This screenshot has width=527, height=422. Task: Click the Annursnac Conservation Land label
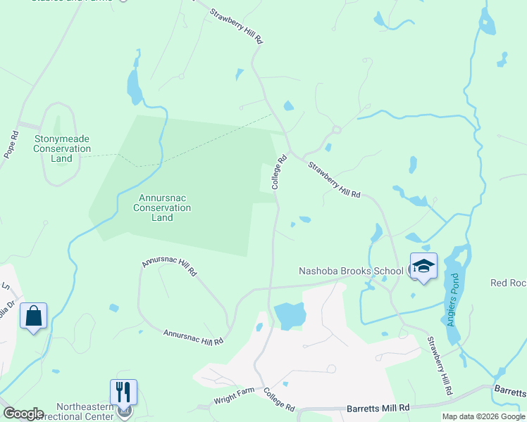(x=162, y=207)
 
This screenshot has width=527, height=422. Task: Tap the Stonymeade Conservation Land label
(x=62, y=148)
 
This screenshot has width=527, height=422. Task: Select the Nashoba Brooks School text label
(x=351, y=271)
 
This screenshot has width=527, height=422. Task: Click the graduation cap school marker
(x=423, y=267)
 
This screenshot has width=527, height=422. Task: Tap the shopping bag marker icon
(x=33, y=316)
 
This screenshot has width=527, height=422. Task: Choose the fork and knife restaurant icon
(x=123, y=392)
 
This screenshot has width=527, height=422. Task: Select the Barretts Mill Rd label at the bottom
(x=378, y=408)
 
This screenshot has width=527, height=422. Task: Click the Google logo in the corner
(x=23, y=414)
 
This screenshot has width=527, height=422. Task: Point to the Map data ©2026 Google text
(x=483, y=416)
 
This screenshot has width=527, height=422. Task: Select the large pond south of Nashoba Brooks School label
(x=289, y=315)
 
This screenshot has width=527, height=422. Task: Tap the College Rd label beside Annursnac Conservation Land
(x=279, y=172)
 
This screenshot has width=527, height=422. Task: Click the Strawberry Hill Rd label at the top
(x=237, y=27)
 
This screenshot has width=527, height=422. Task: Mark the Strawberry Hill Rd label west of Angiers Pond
(x=440, y=364)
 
